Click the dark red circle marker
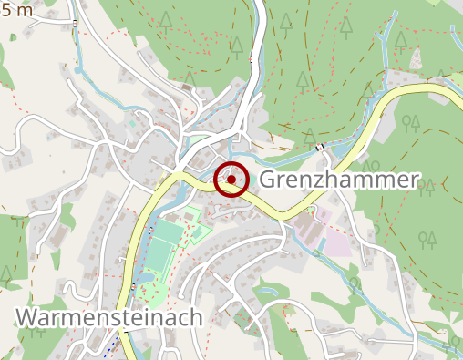click(231, 180)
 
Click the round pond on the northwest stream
click(79, 69)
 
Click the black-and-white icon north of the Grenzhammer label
click(319, 147)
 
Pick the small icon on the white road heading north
click(251, 60)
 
